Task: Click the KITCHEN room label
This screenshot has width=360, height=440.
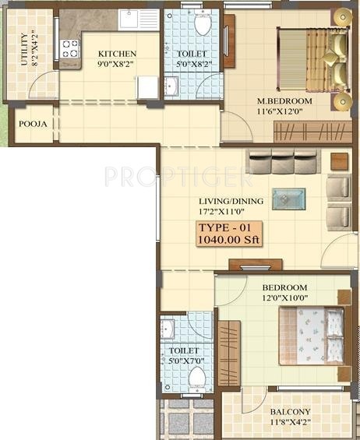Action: (x=117, y=54)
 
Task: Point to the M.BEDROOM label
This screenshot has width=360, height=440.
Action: (x=285, y=101)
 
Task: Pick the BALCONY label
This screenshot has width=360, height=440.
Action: (x=290, y=412)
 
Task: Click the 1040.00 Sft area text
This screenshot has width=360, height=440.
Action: (x=228, y=240)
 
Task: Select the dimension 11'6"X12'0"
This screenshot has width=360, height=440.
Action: (x=285, y=112)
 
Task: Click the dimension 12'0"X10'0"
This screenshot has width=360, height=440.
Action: (x=286, y=297)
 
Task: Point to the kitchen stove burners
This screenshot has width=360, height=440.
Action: (x=71, y=50)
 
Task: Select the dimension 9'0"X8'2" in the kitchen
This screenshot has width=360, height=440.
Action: (x=117, y=65)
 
